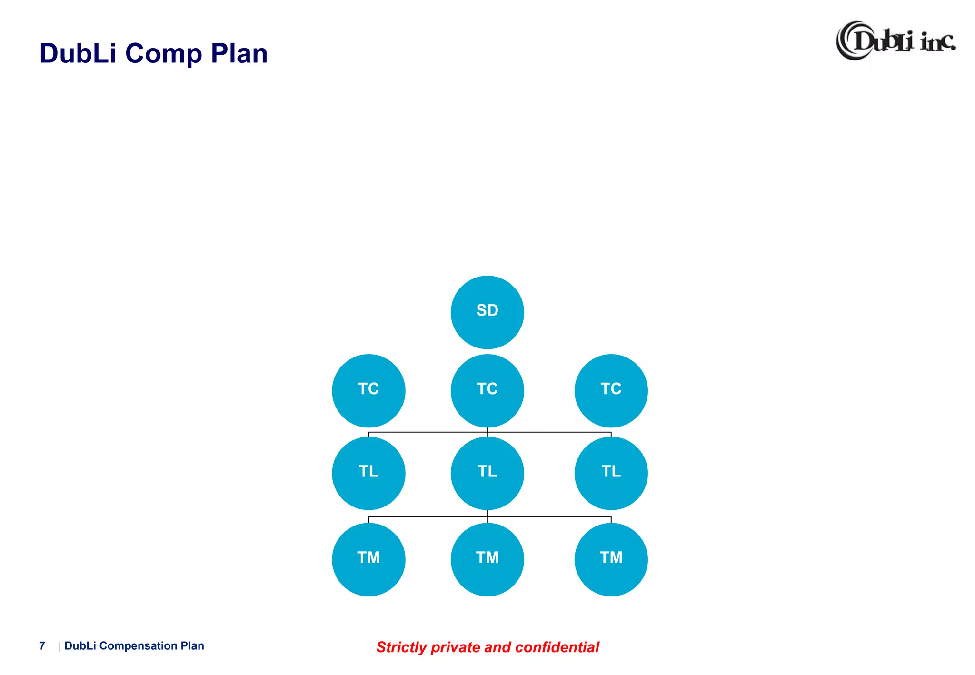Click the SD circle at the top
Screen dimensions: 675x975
click(x=487, y=312)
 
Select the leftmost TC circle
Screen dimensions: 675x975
click(x=368, y=390)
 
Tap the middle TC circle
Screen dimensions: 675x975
click(x=487, y=390)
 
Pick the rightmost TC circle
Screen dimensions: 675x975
click(x=611, y=390)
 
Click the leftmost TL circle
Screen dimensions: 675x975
click(x=368, y=473)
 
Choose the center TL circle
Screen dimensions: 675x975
click(x=487, y=473)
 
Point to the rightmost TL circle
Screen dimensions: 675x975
click(x=611, y=473)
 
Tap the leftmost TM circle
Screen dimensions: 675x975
click(x=368, y=559)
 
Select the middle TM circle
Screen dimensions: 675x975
click(x=487, y=559)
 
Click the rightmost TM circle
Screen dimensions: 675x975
click(x=611, y=559)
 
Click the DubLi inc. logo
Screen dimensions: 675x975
click(x=895, y=41)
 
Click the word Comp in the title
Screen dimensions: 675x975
click(x=164, y=53)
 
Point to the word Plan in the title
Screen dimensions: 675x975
click(x=239, y=53)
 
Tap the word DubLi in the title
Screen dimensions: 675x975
click(x=78, y=53)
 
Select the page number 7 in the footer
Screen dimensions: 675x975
click(x=42, y=646)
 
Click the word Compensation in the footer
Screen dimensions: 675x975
click(x=138, y=646)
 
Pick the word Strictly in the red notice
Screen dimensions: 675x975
click(x=401, y=647)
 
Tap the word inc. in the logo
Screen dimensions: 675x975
click(x=937, y=42)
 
